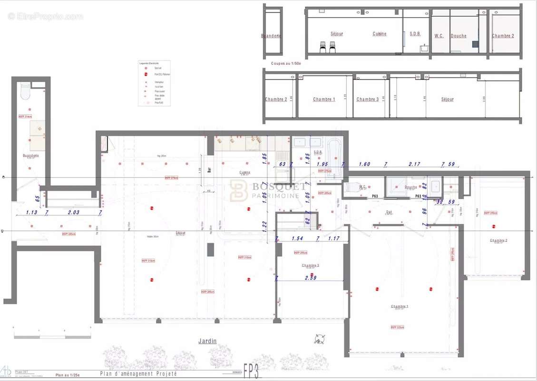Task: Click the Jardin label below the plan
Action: pyautogui.click(x=207, y=341)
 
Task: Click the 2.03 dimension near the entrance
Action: pyautogui.click(x=73, y=213)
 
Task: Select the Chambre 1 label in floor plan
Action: pyautogui.click(x=399, y=306)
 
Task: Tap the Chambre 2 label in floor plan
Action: pyautogui.click(x=498, y=241)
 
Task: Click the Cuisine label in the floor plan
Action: pyautogui.click(x=245, y=172)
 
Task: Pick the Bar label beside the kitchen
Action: pyautogui.click(x=209, y=170)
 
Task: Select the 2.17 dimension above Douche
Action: pyautogui.click(x=414, y=164)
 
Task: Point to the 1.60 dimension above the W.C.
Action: pyautogui.click(x=364, y=164)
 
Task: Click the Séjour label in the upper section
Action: pyautogui.click(x=337, y=34)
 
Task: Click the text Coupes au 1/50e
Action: pyautogui.click(x=286, y=63)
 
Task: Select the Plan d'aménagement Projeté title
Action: pyautogui.click(x=138, y=374)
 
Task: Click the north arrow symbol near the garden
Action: pyautogui.click(x=319, y=339)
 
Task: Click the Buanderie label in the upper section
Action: pyautogui.click(x=271, y=36)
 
